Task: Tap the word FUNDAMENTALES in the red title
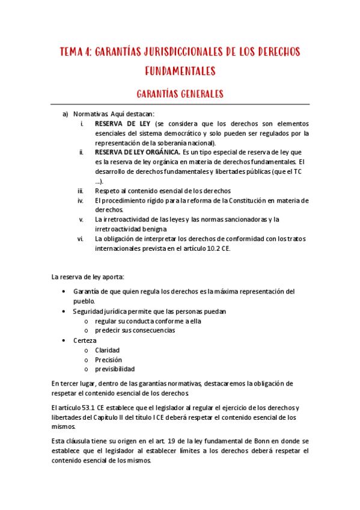pyautogui.click(x=180, y=72)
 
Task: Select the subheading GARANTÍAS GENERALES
pyautogui.click(x=180, y=94)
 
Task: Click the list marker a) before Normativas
pyautogui.click(x=66, y=114)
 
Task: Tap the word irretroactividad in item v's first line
pyautogui.click(x=123, y=220)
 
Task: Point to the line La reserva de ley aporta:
pyautogui.click(x=88, y=277)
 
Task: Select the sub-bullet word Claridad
pyautogui.click(x=108, y=349)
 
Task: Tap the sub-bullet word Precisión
pyautogui.click(x=109, y=359)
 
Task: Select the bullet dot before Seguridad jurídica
pyautogui.click(x=64, y=311)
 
